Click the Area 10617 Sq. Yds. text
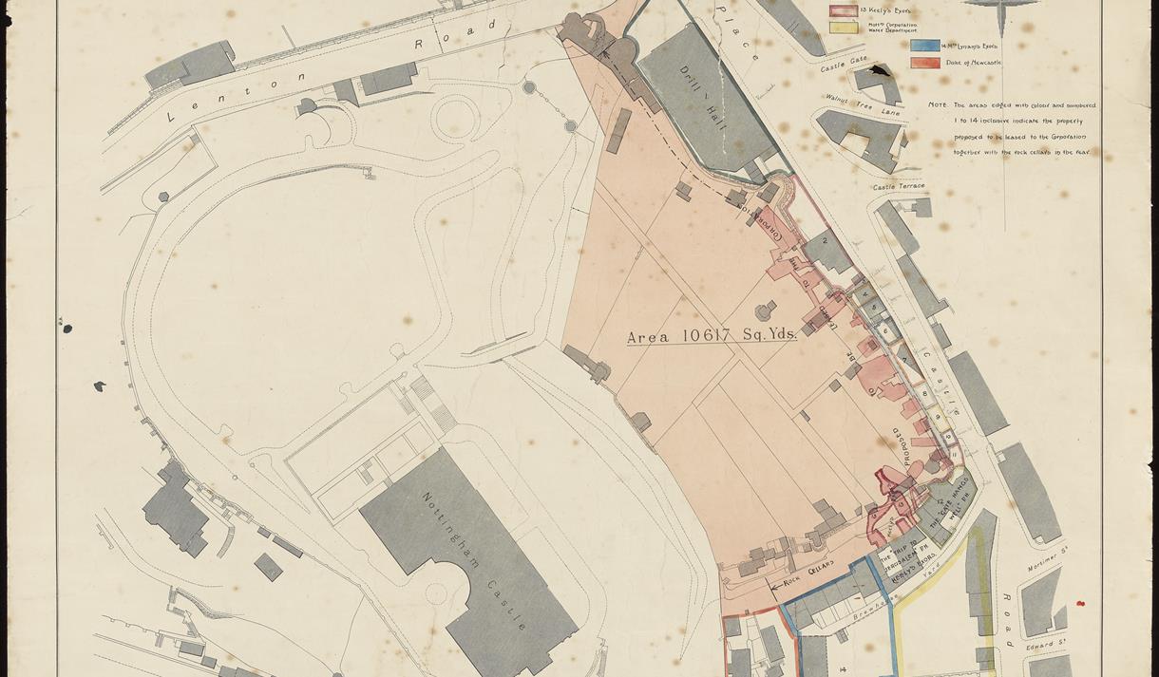click(712, 336)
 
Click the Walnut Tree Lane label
click(863, 104)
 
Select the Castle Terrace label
click(899, 187)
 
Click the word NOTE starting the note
click(938, 105)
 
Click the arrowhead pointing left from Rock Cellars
click(774, 587)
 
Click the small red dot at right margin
click(1080, 604)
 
